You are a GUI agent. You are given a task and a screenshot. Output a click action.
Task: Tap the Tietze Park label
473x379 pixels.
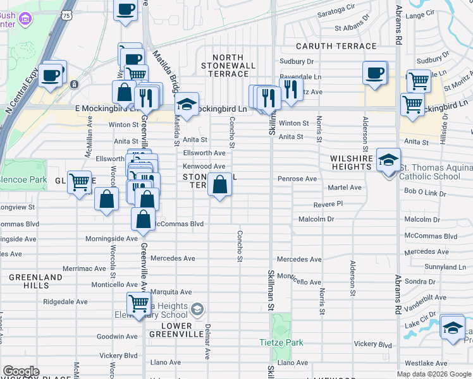[281, 343]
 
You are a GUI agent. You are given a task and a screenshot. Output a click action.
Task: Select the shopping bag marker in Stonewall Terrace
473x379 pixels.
[219, 186]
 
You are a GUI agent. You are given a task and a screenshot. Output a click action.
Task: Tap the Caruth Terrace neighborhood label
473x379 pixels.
[336, 46]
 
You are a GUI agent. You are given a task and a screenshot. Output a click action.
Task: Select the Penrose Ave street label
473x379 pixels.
[297, 179]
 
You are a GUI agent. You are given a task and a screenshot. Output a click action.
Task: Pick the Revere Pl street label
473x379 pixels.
[328, 204]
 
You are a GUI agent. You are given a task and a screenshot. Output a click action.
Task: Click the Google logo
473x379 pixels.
[21, 371]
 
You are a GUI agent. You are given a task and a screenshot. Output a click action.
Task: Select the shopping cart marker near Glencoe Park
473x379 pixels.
[80, 183]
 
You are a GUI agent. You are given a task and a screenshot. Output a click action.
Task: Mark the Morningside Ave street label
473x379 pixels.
[111, 239]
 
